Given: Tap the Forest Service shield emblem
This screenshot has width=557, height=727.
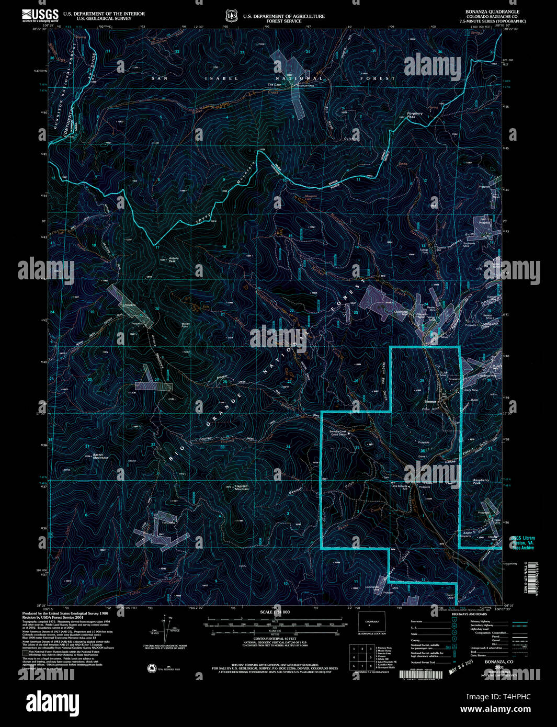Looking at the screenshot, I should point(231,16).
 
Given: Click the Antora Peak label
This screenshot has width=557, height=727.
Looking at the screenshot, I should point(173,259).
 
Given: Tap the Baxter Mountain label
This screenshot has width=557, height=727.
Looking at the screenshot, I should point(99,456).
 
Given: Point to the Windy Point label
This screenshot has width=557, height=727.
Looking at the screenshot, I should point(185,325).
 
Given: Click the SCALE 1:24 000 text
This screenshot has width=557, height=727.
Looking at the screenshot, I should point(275,612).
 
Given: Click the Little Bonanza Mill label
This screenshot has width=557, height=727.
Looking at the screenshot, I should point(400,486).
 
